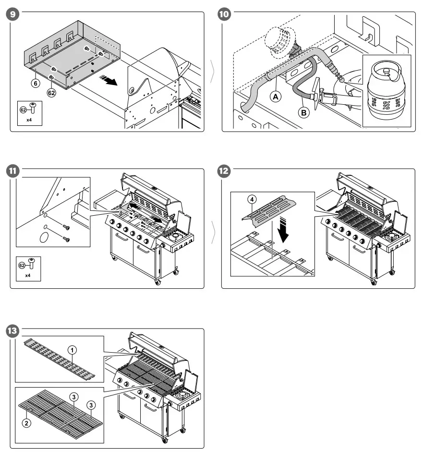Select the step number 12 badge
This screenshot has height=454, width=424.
pos(224,171)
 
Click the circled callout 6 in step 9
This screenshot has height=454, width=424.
pos(35,82)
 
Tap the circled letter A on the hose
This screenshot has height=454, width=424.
pos(276,96)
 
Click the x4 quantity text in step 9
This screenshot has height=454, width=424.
pos(29,119)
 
